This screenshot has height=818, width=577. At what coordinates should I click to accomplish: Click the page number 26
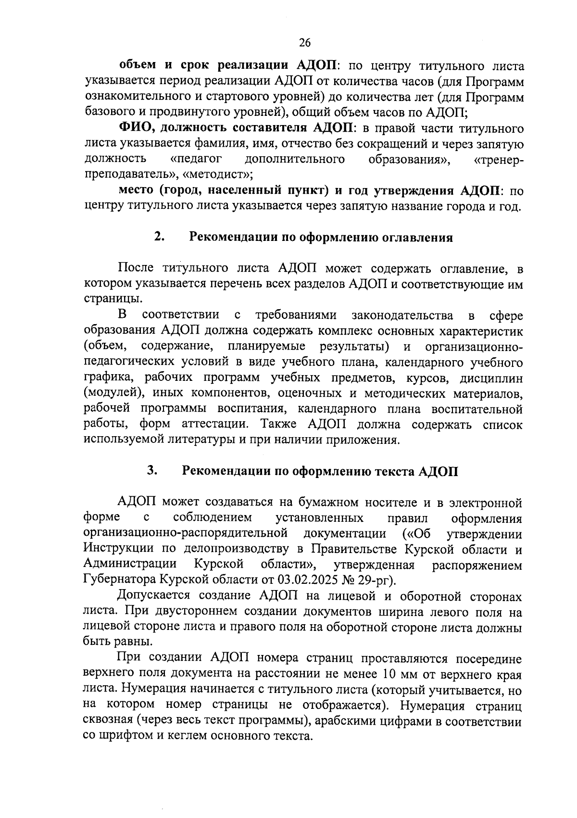(305, 43)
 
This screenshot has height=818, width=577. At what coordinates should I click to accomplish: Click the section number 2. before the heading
(160, 237)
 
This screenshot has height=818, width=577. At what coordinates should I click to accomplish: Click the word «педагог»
(196, 159)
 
